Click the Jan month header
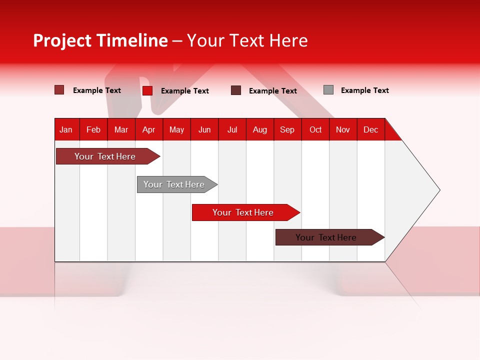click(66, 129)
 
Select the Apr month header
click(148, 129)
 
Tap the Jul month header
click(232, 129)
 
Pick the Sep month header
click(287, 129)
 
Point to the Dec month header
click(370, 129)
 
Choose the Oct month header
click(315, 129)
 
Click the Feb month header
click(93, 129)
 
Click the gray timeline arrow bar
click(175, 184)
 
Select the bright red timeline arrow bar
click(244, 212)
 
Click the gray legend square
click(328, 90)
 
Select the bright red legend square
click(147, 90)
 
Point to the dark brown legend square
click(236, 90)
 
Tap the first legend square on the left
click(59, 90)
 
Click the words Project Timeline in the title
click(100, 40)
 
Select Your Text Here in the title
click(247, 40)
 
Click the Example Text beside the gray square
click(364, 90)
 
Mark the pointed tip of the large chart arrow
click(438, 190)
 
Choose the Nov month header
click(343, 129)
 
